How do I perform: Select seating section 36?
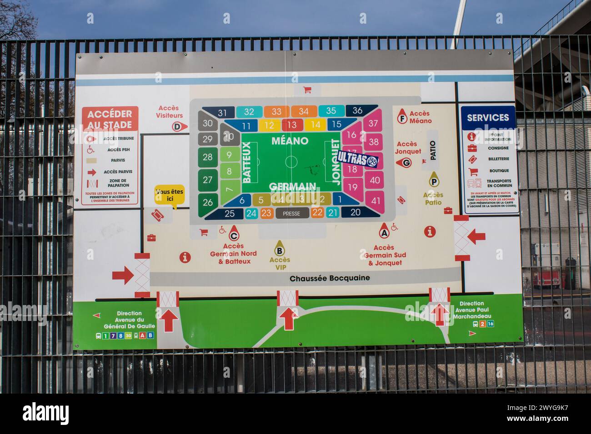pos(357,110)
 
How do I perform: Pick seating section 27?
pos(208,180)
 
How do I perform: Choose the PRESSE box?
pos(291,213)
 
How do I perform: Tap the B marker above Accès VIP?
pos(280,249)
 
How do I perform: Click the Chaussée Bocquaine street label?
pos(330,278)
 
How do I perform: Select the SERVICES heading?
pos(488,117)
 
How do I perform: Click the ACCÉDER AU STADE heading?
pos(110,119)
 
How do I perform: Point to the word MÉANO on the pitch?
pos(290,141)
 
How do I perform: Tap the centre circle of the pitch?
pos(291,161)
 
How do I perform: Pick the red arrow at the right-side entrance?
pos(476,236)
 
